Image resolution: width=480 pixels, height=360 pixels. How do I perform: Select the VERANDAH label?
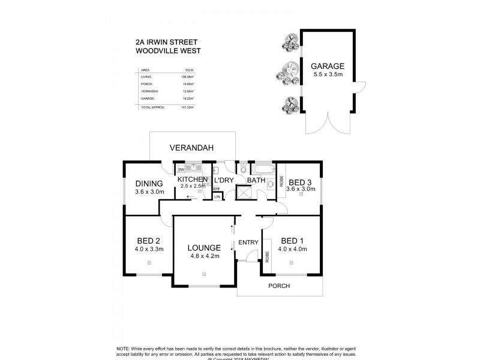click(191, 147)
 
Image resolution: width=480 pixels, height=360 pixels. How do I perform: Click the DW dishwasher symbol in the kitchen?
click(181, 169)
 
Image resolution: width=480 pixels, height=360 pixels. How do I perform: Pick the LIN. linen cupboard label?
click(217, 196)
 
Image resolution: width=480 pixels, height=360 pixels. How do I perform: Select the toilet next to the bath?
click(243, 170)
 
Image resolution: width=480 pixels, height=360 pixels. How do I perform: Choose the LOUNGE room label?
click(204, 247)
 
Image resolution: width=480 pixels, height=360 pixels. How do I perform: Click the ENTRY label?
click(248, 242)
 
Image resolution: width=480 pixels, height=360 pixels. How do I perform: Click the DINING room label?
click(149, 184)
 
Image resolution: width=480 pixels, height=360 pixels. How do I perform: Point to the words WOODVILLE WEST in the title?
click(168, 52)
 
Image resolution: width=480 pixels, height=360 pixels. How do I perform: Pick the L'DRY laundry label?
click(223, 180)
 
